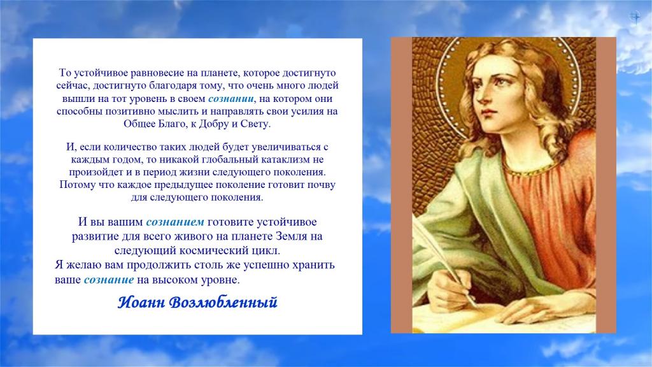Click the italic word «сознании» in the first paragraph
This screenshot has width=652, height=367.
click(230, 99)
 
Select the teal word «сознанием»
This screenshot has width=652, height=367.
click(175, 222)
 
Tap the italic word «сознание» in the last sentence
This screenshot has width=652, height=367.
click(109, 280)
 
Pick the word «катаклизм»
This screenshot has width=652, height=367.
click(287, 159)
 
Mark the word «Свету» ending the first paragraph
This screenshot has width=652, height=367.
click(256, 124)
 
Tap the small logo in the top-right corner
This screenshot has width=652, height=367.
click(635, 17)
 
